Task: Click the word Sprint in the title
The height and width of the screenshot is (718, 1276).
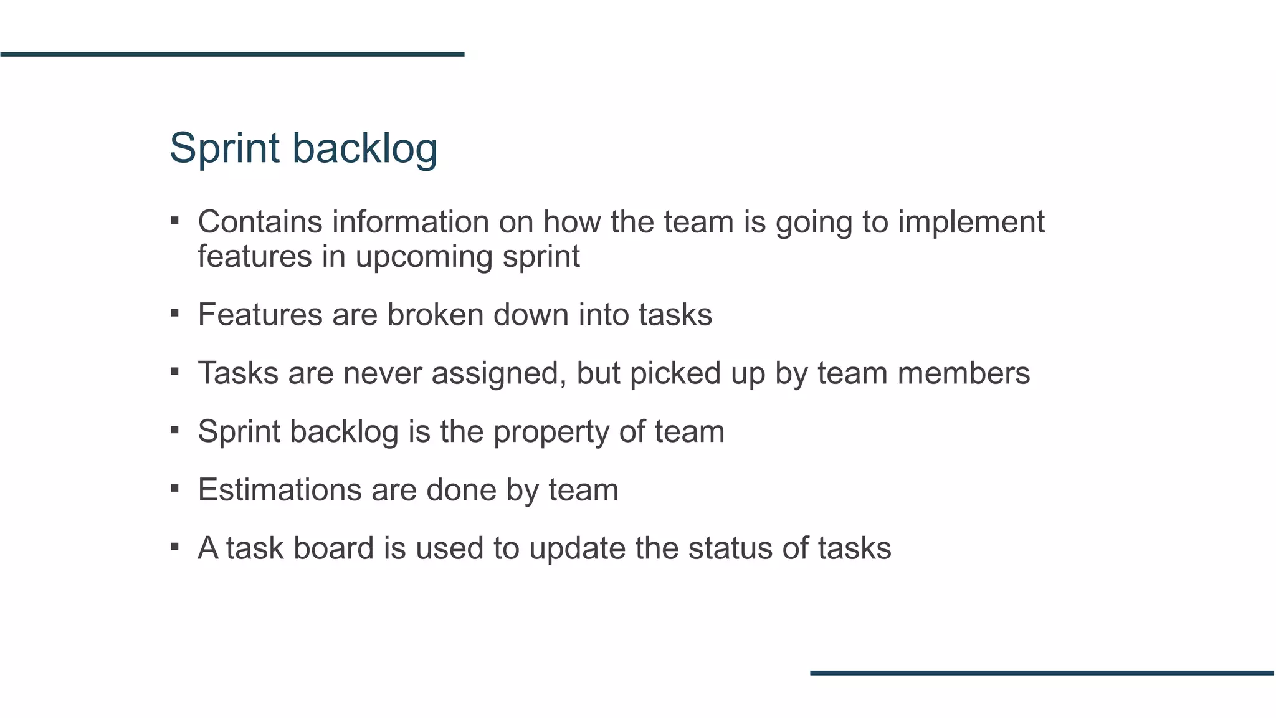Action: coord(224,148)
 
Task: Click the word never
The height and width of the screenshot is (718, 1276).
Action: coord(383,373)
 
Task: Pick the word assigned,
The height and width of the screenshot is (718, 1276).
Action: coord(499,374)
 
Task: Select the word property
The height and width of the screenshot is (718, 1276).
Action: coord(551,433)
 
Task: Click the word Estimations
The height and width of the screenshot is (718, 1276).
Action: coord(280,490)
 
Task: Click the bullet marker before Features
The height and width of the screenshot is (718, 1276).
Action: coord(174,313)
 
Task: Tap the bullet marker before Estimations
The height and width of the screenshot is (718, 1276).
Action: coord(174,489)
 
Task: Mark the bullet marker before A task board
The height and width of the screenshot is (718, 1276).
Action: coord(174,547)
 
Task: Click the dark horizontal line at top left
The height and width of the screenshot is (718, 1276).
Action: coord(232,54)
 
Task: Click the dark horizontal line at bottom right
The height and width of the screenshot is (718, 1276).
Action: coord(1042,673)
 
